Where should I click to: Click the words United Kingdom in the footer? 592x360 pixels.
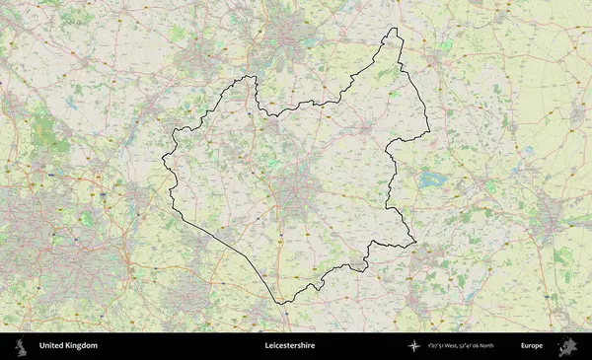point(68,346)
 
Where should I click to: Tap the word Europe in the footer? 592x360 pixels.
point(532,346)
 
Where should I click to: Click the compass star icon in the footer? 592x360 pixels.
point(414,346)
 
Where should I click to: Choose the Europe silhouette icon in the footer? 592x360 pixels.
point(567,346)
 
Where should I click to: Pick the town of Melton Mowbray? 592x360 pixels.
point(366,128)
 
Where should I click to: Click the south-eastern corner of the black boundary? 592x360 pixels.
point(415,242)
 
